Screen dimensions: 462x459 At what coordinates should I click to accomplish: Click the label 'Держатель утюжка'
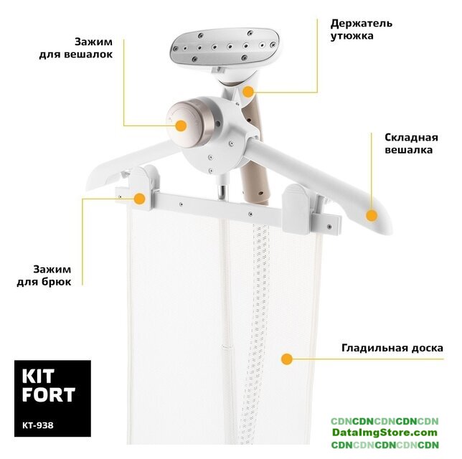coord(362,29)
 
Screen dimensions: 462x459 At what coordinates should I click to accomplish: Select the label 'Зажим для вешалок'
coord(76,48)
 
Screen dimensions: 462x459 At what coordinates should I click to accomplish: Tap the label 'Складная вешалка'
coord(411,143)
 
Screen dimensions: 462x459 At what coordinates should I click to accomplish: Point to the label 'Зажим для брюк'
coord(44,275)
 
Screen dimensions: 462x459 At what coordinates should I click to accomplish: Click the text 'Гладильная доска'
coord(392,348)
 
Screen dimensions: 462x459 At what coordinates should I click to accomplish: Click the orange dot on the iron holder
coord(248,92)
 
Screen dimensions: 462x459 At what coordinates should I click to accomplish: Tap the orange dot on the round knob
coord(181,126)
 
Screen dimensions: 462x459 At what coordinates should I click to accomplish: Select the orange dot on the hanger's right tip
coord(372,216)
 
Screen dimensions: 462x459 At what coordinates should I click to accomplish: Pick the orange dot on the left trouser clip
coord(139,199)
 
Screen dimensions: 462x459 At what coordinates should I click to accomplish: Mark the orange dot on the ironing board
coord(287,359)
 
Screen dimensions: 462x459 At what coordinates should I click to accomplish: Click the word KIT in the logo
coord(38,377)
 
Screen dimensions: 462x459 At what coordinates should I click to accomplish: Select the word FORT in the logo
coord(49,395)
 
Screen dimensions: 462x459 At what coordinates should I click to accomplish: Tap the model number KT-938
coord(38,425)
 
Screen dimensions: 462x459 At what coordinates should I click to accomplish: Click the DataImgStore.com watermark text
coord(385,432)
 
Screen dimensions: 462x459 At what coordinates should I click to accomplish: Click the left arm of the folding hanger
coord(133,162)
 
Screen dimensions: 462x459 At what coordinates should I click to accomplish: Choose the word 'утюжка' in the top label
coord(352,36)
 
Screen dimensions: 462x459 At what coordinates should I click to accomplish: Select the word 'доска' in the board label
coord(428,349)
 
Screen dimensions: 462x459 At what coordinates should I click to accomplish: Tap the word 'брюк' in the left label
coord(57,282)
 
